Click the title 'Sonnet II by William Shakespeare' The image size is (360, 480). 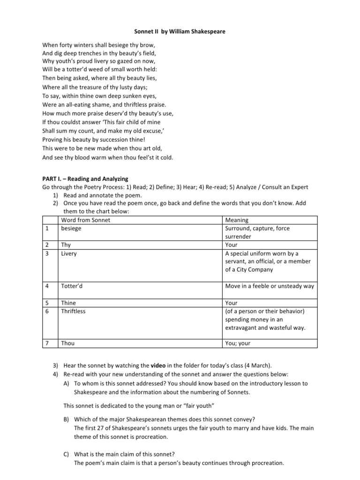180,31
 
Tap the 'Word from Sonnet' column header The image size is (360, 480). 86,220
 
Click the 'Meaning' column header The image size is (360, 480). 237,220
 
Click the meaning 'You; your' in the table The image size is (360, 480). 238,343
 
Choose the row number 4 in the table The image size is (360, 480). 47,286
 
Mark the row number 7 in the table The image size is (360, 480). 47,343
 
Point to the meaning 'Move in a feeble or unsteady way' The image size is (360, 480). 270,286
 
